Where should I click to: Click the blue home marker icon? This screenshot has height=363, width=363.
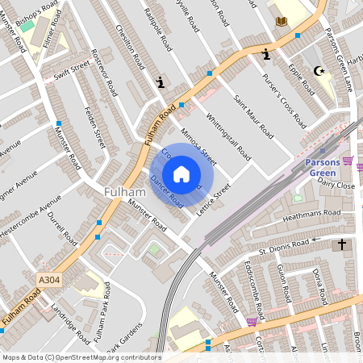point(181,173)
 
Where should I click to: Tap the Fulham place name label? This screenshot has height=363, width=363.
point(124,192)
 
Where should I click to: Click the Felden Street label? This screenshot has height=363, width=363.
point(95,126)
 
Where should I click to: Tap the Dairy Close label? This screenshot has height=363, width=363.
point(336,185)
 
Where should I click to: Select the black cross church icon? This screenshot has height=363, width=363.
point(341,244)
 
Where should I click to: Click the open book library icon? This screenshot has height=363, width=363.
point(282,21)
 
